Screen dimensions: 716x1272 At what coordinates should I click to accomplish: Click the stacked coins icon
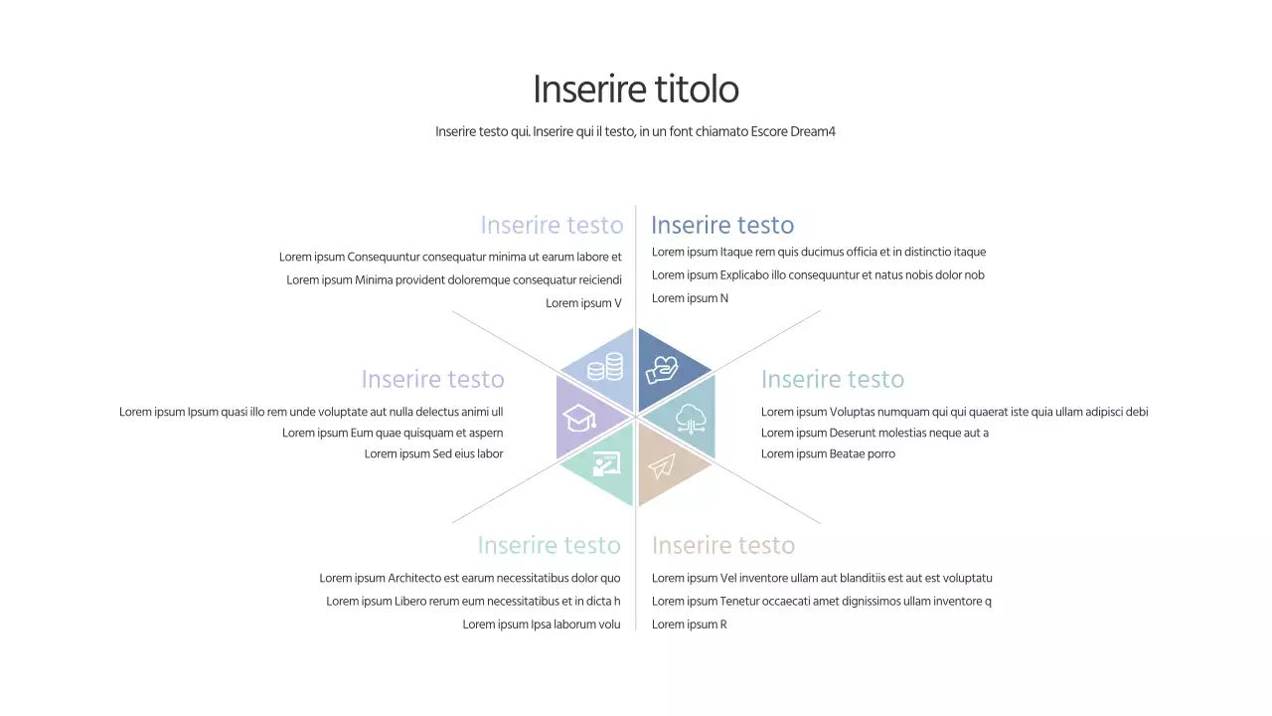pos(605,369)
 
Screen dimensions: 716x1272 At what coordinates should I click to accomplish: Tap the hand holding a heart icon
pos(663,370)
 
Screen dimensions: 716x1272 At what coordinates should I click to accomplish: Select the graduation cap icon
pos(579,418)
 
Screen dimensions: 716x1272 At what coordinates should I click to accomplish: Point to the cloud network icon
pos(691,419)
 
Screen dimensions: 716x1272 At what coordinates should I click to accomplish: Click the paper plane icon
pos(662,465)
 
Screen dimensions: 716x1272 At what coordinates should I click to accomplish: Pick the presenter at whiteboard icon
pos(605,465)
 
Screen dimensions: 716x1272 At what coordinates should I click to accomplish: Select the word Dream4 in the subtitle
pos(813,131)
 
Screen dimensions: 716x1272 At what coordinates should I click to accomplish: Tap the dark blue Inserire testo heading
pos(722,225)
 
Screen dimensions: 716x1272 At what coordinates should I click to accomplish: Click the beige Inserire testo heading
pos(723,545)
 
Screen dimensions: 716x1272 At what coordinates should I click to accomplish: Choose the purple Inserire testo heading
pos(432,379)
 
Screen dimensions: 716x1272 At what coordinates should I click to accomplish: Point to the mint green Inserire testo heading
pos(549,545)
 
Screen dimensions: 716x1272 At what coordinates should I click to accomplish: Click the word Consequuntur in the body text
pos(384,257)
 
